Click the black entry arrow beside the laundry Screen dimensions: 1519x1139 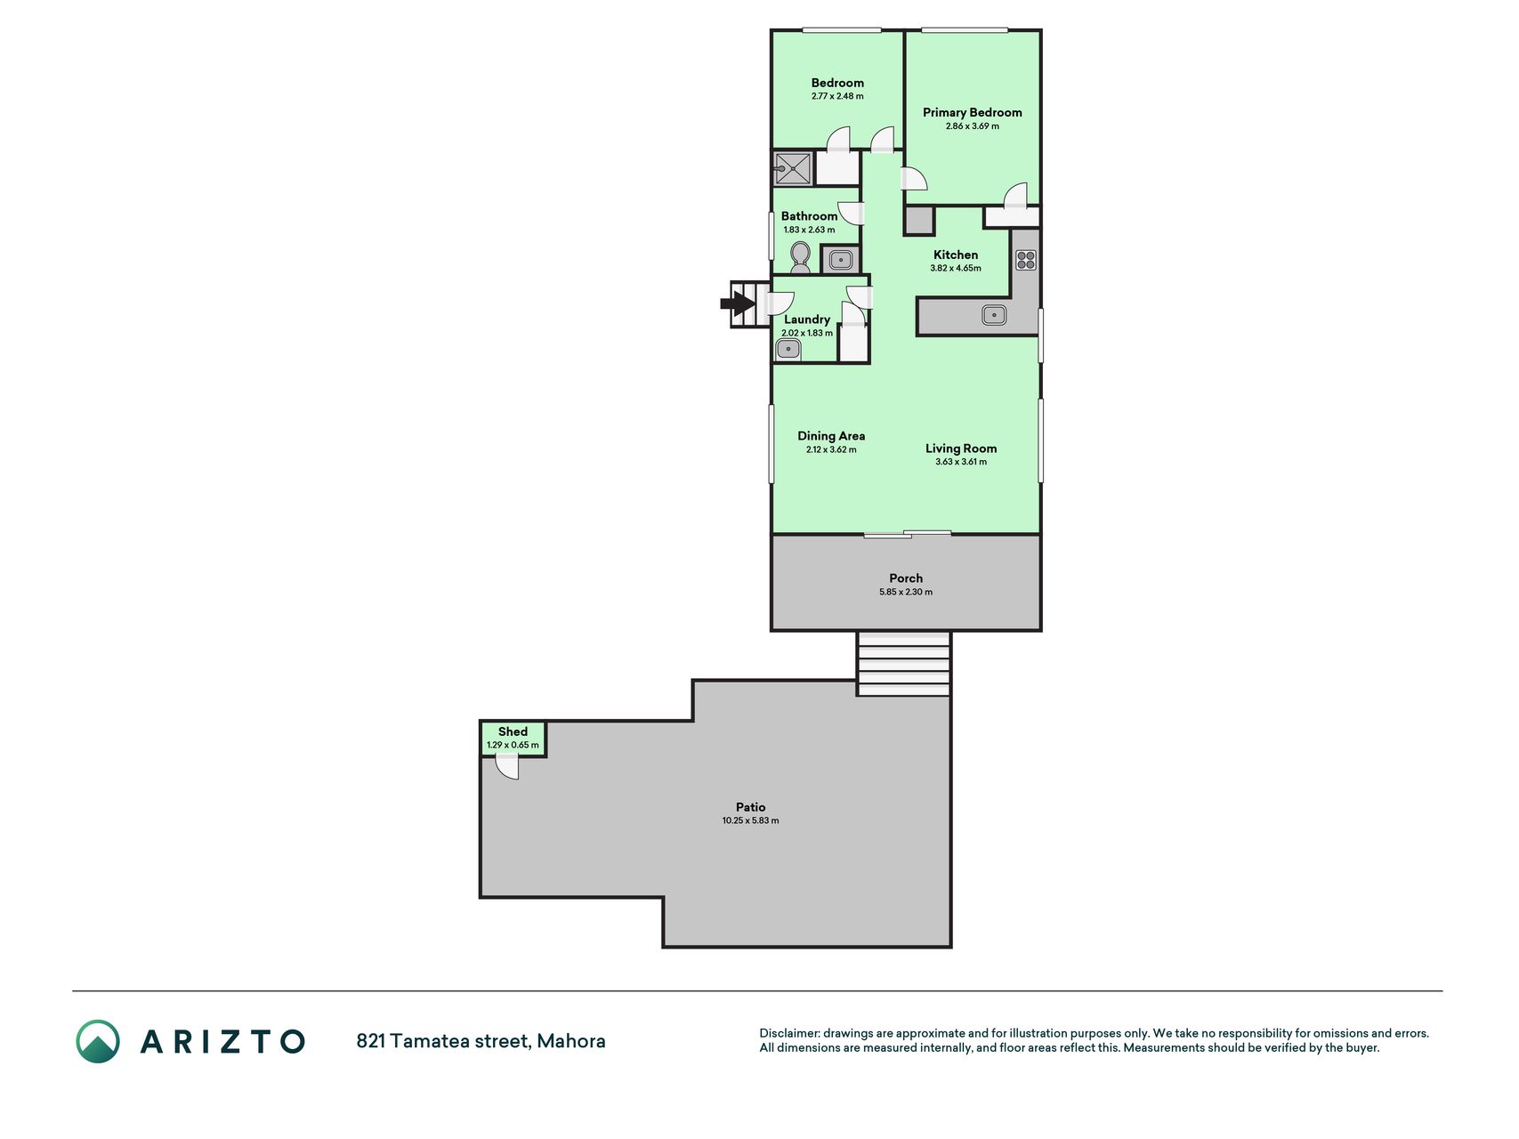[738, 304]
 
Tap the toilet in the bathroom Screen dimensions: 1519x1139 [800, 257]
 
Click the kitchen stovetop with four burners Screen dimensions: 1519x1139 [1026, 260]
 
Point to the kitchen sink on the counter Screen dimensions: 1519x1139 [994, 314]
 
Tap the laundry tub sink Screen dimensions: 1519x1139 [788, 349]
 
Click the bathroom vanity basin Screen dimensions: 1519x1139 [840, 260]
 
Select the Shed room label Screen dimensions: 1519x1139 [513, 731]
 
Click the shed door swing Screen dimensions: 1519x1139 [507, 766]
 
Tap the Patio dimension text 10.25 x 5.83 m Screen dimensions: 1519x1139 [750, 820]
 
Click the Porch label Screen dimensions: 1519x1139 [906, 578]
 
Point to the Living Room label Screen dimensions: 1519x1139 [961, 448]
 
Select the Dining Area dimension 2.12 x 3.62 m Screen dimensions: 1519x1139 [831, 449]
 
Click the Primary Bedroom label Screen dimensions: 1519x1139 [972, 112]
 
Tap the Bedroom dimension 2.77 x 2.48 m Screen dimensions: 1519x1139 [837, 96]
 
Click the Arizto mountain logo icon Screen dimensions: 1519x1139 [98, 1041]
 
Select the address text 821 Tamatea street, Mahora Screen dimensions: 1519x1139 [481, 1041]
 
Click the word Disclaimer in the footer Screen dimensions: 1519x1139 [788, 1033]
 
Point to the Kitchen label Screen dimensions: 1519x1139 [956, 254]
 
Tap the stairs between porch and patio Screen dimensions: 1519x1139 [903, 664]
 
